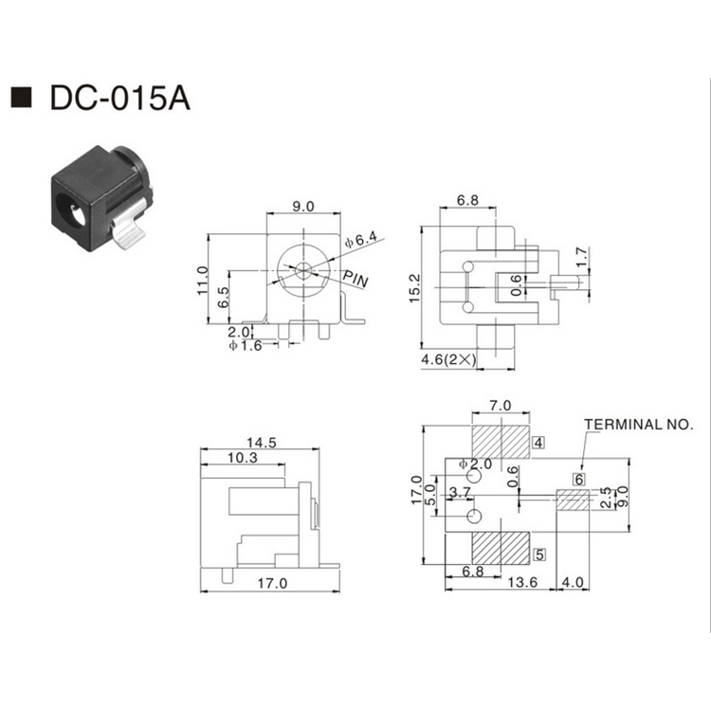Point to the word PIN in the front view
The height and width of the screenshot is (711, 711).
[x=356, y=281]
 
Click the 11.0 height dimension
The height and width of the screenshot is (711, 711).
[x=201, y=282]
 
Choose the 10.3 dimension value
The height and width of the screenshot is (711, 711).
[x=242, y=458]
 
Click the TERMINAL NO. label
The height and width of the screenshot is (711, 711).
[x=638, y=424]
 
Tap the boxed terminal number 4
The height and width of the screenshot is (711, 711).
[x=538, y=442]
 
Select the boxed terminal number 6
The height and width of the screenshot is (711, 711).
[x=577, y=479]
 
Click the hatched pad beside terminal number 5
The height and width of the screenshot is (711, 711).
[x=501, y=549]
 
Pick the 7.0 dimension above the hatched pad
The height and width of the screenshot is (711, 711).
[x=500, y=406]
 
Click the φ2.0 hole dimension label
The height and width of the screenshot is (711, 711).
[x=475, y=464]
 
